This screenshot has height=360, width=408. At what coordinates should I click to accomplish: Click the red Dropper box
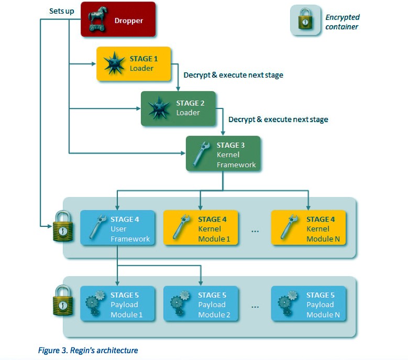(x=118, y=19)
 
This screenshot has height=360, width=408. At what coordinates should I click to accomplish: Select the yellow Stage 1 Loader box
(x=134, y=63)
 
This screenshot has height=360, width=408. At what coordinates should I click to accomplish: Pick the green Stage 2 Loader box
(x=178, y=108)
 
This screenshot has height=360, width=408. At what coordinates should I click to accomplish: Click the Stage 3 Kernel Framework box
(x=223, y=154)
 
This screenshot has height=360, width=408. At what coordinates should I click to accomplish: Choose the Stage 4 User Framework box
(x=117, y=228)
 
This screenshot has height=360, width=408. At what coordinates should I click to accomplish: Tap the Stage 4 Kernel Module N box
(x=308, y=228)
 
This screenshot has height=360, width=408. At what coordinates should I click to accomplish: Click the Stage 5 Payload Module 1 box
(x=117, y=304)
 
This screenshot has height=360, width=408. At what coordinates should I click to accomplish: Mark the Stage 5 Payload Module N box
(x=308, y=304)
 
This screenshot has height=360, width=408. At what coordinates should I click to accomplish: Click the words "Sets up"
(x=61, y=10)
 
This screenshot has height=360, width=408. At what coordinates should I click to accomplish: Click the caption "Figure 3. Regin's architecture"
(x=88, y=350)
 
